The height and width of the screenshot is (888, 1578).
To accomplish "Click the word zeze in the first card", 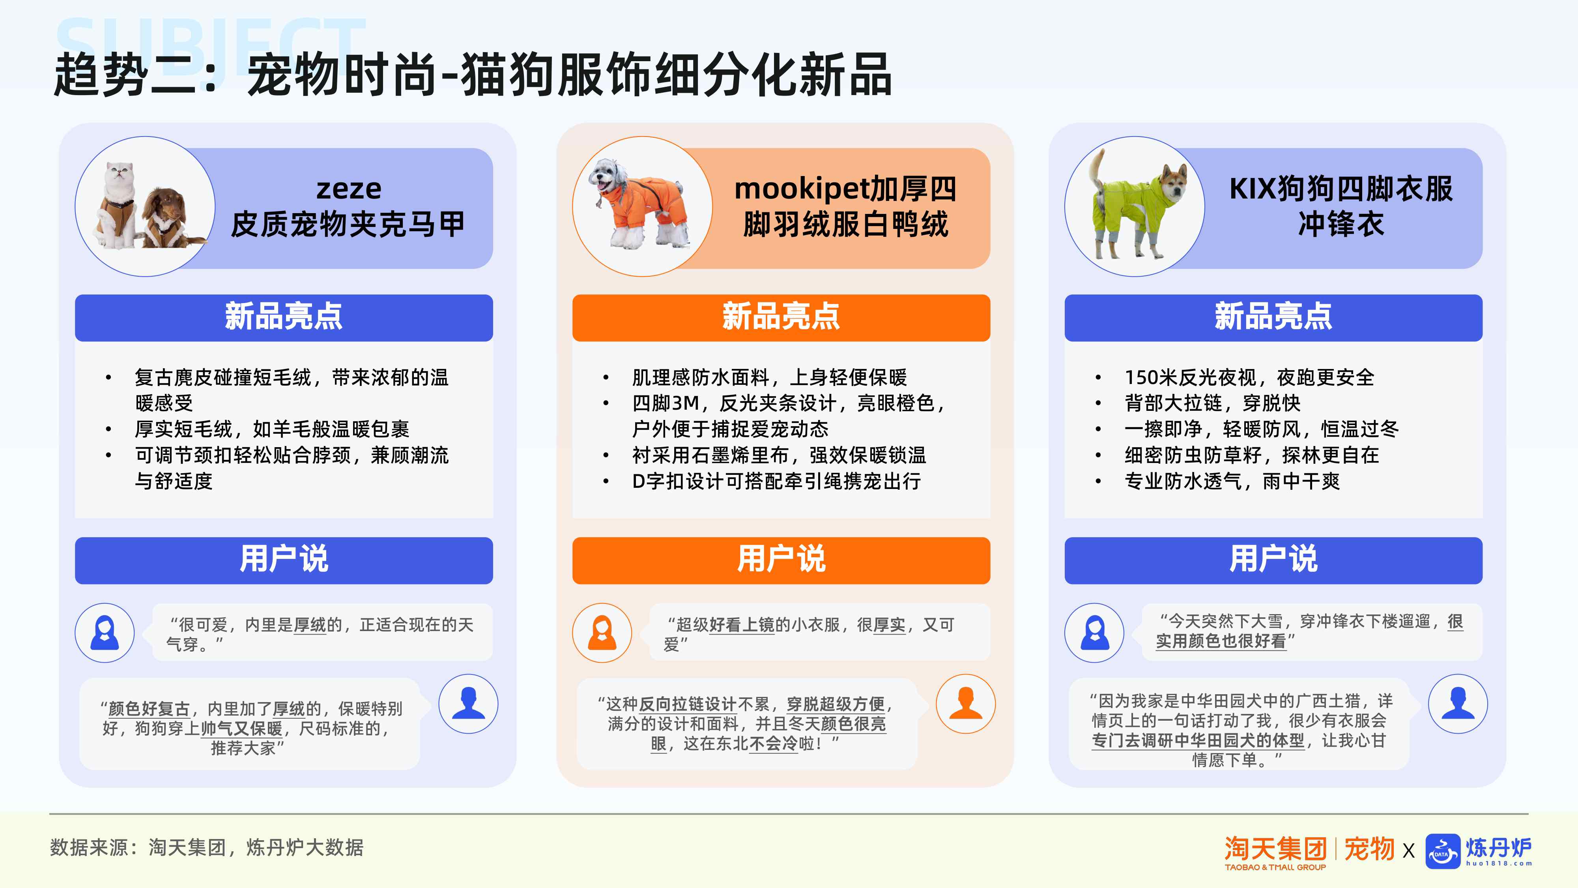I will pos(349,188).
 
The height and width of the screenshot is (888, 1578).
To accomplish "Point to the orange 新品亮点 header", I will pos(781,317).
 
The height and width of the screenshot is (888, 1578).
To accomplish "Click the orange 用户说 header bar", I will pos(781,560).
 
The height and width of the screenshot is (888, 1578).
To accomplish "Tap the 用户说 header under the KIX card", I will pos(1273,560).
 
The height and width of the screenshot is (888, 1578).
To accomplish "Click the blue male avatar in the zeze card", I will pos(469,704).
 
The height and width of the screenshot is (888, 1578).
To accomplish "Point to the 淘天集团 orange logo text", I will pos(1275,849).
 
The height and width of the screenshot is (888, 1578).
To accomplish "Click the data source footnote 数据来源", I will pos(207,848).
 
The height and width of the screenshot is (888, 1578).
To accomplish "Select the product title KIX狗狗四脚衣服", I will pos(1341,188).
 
